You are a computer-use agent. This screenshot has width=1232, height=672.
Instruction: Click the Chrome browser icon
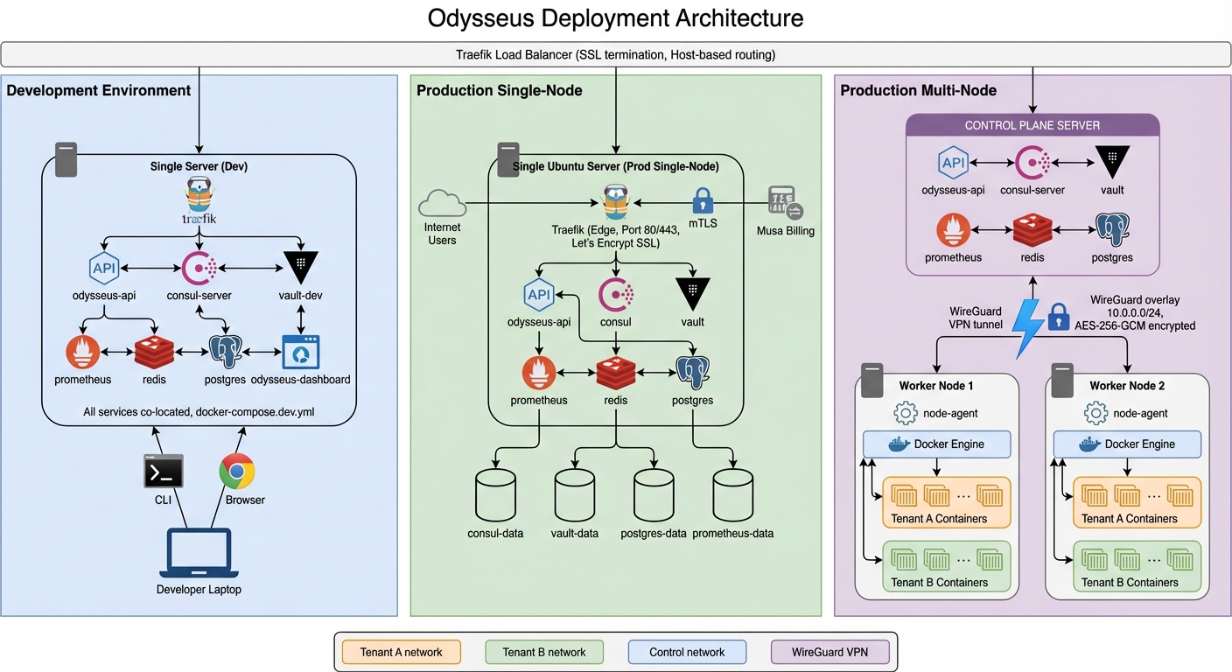pyautogui.click(x=237, y=472)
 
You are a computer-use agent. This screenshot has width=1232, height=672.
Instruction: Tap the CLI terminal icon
pyautogui.click(x=164, y=472)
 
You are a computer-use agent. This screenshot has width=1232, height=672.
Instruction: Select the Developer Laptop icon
pyautogui.click(x=199, y=553)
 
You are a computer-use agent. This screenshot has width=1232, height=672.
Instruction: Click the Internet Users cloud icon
pyautogui.click(x=442, y=204)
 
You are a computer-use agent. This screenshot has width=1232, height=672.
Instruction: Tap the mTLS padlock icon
pyautogui.click(x=703, y=202)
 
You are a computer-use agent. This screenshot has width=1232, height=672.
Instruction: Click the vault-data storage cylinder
pyautogui.click(x=575, y=494)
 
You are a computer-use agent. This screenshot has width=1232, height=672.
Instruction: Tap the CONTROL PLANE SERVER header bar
pyautogui.click(x=1032, y=125)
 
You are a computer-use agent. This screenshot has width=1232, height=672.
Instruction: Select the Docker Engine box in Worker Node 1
pyautogui.click(x=936, y=444)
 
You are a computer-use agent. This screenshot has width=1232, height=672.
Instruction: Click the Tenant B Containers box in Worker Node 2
pyautogui.click(x=1129, y=565)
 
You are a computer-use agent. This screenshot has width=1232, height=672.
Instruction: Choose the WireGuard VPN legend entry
pyautogui.click(x=829, y=652)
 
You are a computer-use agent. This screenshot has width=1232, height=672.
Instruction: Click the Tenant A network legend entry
pyautogui.click(x=401, y=652)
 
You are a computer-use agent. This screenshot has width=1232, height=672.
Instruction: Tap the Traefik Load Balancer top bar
pyautogui.click(x=615, y=54)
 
